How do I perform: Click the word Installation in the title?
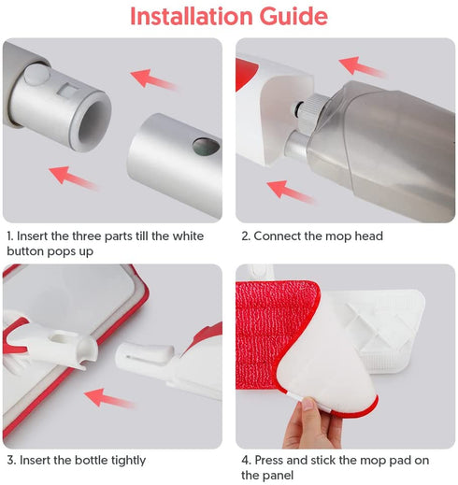(x=192, y=16)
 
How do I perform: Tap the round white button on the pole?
(x=37, y=74)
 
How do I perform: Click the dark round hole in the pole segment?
(x=206, y=147)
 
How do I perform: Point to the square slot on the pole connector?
(x=68, y=90)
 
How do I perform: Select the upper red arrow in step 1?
(x=153, y=79)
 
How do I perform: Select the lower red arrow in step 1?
(x=73, y=178)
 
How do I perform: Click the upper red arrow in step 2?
(x=362, y=66)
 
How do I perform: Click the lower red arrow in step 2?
(x=291, y=192)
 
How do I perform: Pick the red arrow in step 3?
(x=109, y=398)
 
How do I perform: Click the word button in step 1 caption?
(x=25, y=251)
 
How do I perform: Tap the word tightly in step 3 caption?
(x=128, y=461)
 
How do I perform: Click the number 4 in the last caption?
(x=246, y=460)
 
